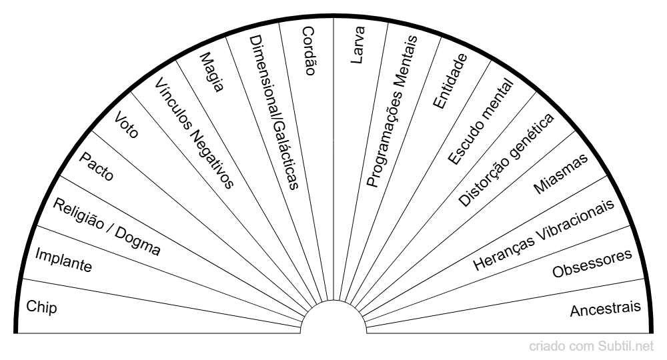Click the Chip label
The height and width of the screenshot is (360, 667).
point(41,307)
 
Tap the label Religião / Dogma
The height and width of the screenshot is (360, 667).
point(107,227)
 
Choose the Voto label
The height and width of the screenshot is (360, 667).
point(127,125)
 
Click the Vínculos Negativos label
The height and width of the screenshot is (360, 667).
point(194,133)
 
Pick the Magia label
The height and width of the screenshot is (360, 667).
point(211,74)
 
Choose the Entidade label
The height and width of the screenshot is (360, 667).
point(450,80)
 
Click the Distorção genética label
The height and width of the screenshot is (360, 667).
point(506,160)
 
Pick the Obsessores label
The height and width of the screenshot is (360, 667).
point(592,264)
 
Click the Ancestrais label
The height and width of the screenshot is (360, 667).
point(606,309)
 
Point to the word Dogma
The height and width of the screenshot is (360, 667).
point(137,241)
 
